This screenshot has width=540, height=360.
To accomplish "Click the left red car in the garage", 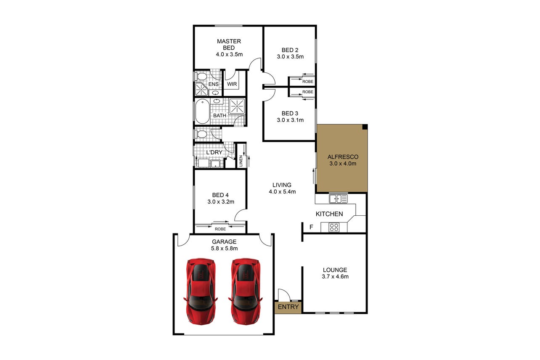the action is (201, 291).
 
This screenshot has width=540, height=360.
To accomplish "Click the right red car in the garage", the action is (246, 291).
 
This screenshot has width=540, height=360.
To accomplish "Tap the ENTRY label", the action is (288, 307).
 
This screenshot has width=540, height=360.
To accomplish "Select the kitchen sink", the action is (338, 199).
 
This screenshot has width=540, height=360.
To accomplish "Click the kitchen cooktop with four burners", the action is (334, 227).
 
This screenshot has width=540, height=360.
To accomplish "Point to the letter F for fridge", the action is (311, 227).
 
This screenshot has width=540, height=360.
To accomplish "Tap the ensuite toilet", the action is (201, 77).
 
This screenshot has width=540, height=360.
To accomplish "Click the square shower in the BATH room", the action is (237, 106).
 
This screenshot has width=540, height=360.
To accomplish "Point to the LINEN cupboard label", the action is (241, 161).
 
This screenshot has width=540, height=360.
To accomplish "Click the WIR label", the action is (232, 84).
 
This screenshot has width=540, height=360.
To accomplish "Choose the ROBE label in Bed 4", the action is (220, 229).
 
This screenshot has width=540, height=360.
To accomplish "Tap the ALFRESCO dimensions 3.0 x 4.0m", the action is (343, 164).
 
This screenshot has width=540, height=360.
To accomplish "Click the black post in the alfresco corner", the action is (365, 127).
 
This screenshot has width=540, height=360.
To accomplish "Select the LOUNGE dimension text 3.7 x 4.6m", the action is (335, 277).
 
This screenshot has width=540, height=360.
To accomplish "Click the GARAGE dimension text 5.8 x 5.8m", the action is (224, 249).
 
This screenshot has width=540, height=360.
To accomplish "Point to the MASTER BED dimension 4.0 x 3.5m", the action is (229, 55).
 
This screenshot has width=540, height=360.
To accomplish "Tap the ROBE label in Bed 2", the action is (308, 82).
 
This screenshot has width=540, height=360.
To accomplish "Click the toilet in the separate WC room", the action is (201, 134).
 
